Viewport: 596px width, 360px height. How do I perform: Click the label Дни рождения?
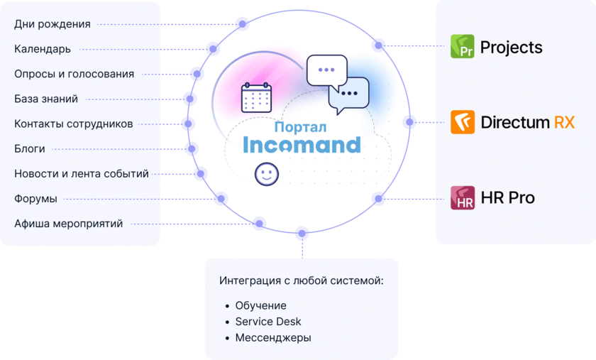[53, 24]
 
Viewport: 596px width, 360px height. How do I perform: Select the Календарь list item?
[43, 49]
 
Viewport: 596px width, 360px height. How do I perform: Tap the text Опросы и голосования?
[74, 74]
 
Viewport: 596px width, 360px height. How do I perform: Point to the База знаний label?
[46, 99]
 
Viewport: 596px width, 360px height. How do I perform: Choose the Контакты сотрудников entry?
[73, 124]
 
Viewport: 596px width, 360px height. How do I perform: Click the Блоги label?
[30, 148]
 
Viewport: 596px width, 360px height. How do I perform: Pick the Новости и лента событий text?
[82, 173]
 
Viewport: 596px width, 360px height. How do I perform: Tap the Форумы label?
[35, 199]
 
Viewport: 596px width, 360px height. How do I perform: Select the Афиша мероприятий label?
[68, 224]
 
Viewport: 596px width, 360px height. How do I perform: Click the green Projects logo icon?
[463, 47]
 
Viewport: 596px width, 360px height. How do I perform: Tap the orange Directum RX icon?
[463, 122]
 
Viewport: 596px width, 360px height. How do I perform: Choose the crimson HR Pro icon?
[463, 197]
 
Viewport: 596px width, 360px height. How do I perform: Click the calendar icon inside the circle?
[256, 97]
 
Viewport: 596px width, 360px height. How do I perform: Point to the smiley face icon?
[267, 174]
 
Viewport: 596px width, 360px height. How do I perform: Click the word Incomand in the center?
[302, 145]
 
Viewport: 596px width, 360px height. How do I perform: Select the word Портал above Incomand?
[300, 127]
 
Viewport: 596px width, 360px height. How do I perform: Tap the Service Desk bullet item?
[268, 322]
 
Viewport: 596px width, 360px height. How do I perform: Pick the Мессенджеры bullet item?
[273, 338]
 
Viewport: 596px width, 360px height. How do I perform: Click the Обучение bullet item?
[260, 305]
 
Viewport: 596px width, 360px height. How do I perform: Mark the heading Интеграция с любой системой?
[302, 280]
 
